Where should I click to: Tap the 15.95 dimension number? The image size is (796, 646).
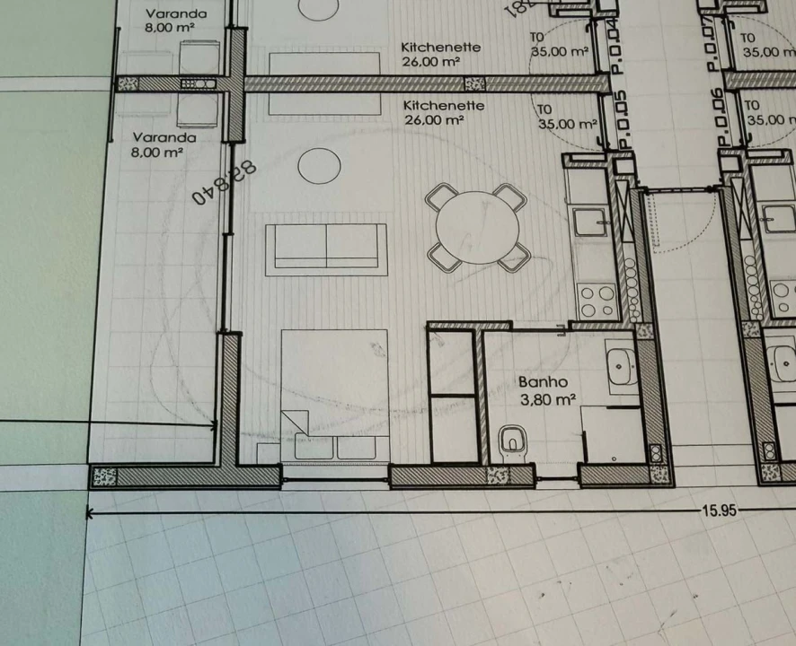720,510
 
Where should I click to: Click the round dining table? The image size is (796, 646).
475,227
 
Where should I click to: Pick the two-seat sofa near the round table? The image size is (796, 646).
326,249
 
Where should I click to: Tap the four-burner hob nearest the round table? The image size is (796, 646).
597,301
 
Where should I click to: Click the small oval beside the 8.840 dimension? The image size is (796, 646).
319,164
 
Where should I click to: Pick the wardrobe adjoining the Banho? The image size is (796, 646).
452,395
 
